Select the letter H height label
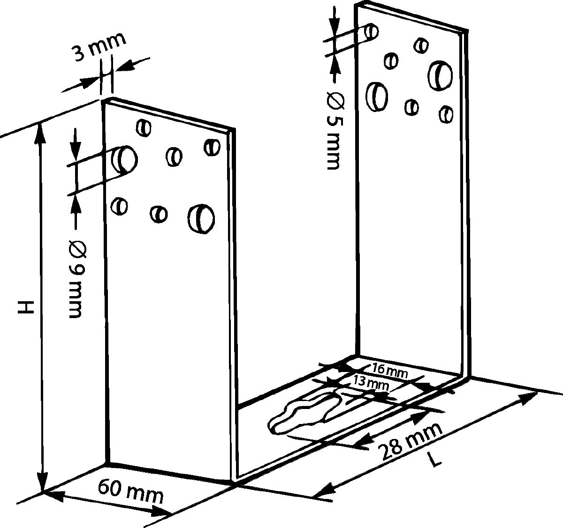(26, 307)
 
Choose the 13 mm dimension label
(371, 385)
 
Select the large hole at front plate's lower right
(201, 219)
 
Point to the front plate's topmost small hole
(144, 128)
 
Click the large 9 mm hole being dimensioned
(124, 160)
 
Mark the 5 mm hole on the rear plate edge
(371, 32)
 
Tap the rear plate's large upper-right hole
(440, 75)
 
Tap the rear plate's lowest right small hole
(446, 114)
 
